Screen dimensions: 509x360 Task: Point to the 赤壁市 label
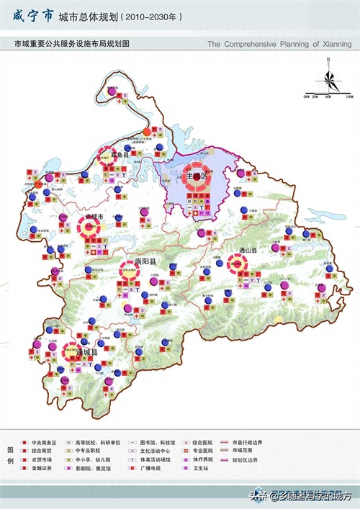(95, 217)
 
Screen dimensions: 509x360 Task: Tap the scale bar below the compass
(328, 94)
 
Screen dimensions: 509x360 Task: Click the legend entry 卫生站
(200, 467)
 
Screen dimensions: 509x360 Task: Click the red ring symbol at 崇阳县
(131, 272)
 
